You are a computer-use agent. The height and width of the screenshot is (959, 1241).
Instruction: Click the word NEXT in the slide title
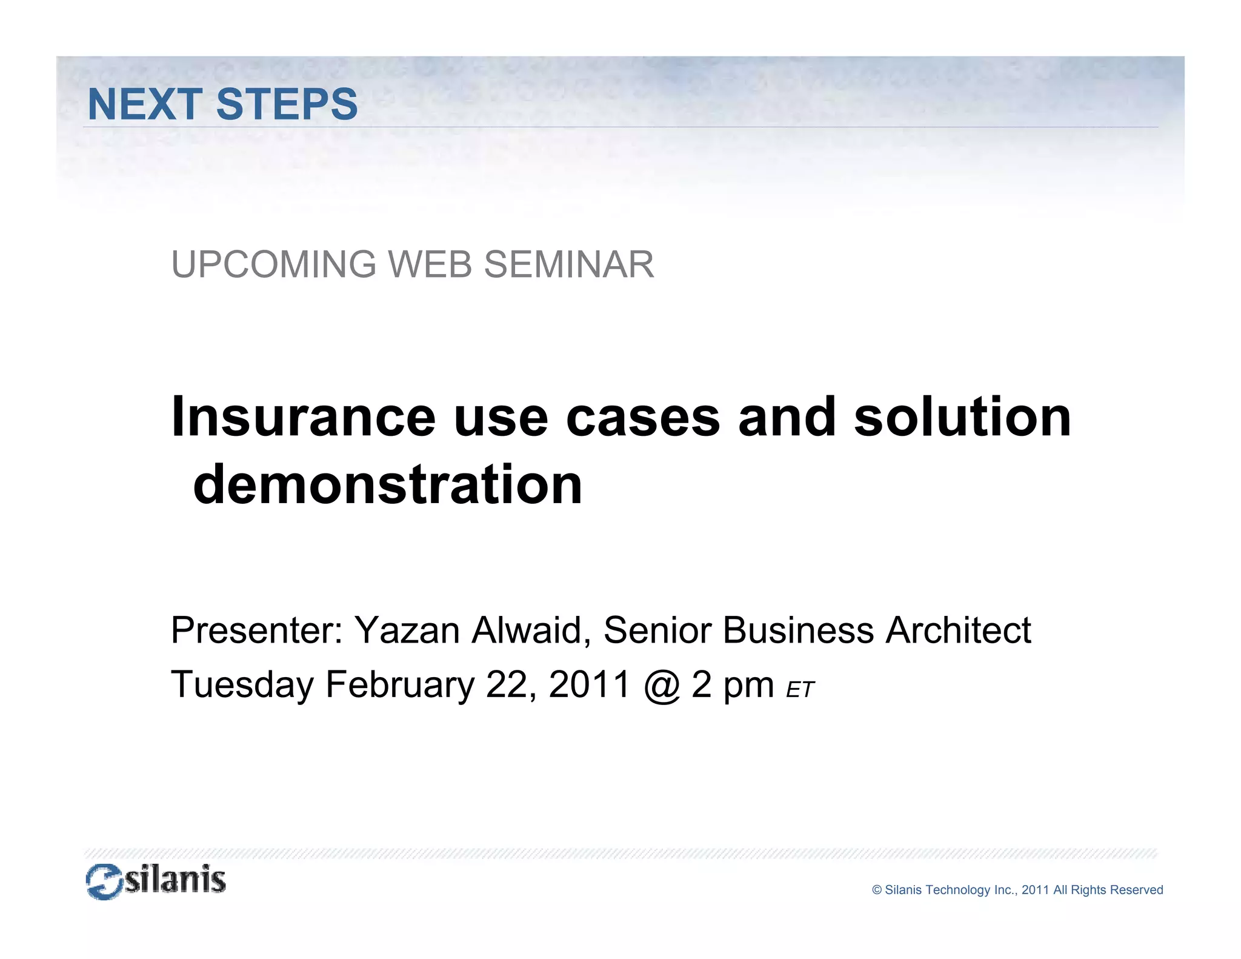click(145, 104)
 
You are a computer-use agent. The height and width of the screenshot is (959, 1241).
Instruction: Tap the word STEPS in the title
click(287, 104)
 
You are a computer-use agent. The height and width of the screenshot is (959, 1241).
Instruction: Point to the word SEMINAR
click(569, 265)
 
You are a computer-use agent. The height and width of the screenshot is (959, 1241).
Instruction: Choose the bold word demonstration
click(388, 484)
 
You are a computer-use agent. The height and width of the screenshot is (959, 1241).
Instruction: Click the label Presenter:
click(257, 630)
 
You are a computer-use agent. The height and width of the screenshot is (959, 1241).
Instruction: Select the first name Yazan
click(407, 630)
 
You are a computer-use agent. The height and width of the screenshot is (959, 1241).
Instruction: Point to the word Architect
click(958, 630)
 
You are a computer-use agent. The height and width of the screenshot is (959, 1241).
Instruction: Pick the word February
click(400, 685)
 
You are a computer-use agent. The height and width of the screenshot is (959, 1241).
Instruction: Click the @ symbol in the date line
click(662, 686)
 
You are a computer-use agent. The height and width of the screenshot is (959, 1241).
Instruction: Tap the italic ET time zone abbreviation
click(800, 690)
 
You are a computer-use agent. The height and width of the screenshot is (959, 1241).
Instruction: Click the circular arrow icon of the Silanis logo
click(104, 882)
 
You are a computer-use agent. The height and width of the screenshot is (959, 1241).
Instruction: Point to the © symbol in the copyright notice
click(877, 890)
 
